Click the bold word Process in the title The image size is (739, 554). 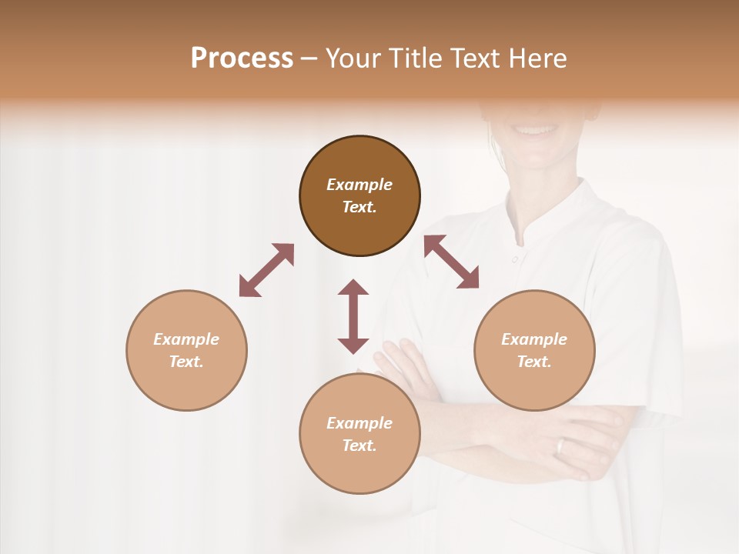point(242,58)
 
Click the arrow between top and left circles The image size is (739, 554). point(266,270)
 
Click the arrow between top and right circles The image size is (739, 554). point(451,262)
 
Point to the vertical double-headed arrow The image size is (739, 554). point(353,316)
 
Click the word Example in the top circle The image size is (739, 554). point(359,185)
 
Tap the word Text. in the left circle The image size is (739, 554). point(186,362)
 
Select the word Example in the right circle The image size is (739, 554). point(534,339)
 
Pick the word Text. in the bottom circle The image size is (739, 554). point(359,446)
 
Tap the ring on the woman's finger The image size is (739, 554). point(560,446)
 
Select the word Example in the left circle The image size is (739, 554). point(186,339)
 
